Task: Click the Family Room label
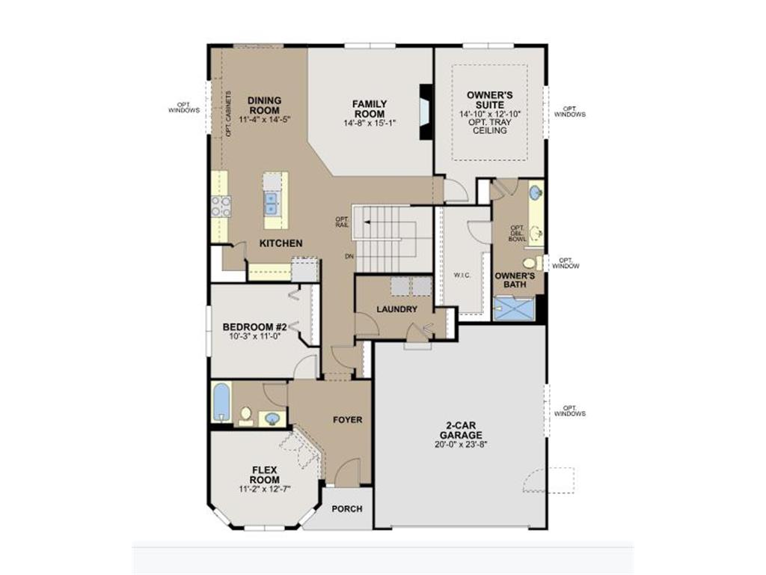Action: [370, 108]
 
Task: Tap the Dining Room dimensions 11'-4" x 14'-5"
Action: [264, 119]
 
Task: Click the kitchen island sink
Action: [272, 201]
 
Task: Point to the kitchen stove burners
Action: [221, 206]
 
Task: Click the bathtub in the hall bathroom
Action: [221, 403]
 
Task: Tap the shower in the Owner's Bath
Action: [515, 308]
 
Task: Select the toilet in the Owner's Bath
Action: [530, 263]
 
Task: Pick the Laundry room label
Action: [396, 309]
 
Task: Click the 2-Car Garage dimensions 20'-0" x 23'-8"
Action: [461, 444]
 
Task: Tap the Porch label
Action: [347, 509]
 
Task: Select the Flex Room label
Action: [265, 475]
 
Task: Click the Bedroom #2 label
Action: [255, 327]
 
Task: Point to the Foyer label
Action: [347, 420]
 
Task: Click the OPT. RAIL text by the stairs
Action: [342, 222]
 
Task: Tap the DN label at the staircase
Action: [349, 256]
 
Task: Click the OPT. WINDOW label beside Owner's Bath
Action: [566, 263]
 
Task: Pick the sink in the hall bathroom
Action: [272, 419]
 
